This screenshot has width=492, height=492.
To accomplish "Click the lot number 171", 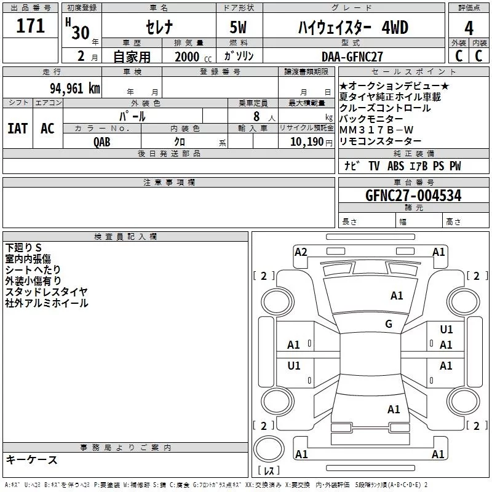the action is point(31,26).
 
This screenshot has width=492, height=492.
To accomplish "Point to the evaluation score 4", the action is point(469,29).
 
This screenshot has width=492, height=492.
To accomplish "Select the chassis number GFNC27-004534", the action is point(413,196).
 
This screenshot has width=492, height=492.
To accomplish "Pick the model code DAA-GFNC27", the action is point(352,56).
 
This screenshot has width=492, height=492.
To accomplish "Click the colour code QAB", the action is point(102,141).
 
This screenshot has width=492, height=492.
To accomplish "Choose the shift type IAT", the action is point(17,128).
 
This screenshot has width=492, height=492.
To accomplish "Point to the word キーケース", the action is point(31,460).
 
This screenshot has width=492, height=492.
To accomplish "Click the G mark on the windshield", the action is point(389,324).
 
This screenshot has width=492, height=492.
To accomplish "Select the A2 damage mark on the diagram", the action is point(301,252).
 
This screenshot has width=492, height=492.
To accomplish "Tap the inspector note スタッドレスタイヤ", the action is point(46,292).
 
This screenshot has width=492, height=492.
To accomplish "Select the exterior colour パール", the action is point(132,116).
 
